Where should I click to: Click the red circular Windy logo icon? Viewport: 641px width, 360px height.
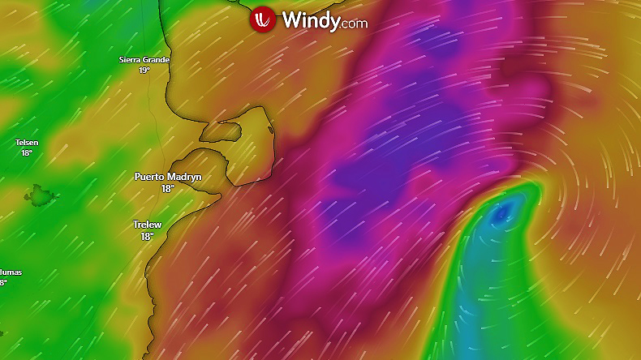262,19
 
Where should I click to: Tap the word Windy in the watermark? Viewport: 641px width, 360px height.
311,20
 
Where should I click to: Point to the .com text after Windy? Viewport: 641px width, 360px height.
355,24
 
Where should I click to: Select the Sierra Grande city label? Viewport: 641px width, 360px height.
144,60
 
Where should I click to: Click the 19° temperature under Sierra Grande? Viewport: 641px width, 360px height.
144,71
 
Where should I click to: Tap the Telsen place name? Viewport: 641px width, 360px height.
27,143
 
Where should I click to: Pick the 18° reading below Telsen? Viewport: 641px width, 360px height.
27,152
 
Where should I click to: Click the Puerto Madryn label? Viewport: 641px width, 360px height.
167,177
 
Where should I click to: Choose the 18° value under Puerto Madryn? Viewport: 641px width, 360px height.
167,188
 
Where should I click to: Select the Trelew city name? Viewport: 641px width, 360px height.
147,225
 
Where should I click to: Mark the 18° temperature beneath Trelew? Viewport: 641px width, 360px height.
147,236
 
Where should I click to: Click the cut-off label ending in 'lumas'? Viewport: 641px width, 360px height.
11,272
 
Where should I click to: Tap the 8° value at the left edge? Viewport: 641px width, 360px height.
3,282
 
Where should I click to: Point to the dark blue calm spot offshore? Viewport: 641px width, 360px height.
501,213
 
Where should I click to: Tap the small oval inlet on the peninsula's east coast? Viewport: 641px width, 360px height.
269,129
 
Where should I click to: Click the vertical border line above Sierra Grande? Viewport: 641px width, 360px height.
143,24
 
